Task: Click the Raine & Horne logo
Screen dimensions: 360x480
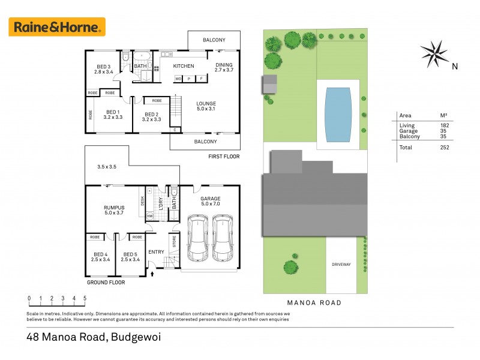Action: pos(57,27)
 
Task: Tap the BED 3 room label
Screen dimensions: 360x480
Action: pos(104,67)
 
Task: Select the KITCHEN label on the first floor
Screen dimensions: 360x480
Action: pos(184,66)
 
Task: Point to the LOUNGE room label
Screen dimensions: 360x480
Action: pos(206,104)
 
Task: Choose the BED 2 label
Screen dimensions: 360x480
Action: pos(151,114)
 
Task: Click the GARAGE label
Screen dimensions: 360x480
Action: pos(211,199)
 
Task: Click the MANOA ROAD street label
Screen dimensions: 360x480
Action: pos(315,303)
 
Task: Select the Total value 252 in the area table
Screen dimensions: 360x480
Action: pos(444,147)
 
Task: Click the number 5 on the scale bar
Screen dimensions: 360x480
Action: pos(85,298)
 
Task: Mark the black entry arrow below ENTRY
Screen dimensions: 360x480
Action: pos(152,274)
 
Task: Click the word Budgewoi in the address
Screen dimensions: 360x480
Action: pos(135,337)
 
